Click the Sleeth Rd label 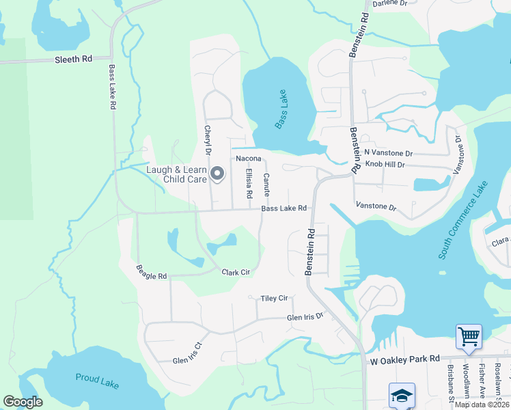pyautogui.click(x=73, y=59)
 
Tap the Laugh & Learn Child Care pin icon pyautogui.click(x=217, y=174)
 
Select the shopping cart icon pyautogui.click(x=469, y=336)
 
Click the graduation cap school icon pyautogui.click(x=401, y=395)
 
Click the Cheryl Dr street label pyautogui.click(x=207, y=140)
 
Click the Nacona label pyautogui.click(x=249, y=159)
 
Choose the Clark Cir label pyautogui.click(x=236, y=273)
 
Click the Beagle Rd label pyautogui.click(x=151, y=272)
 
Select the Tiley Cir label pyautogui.click(x=275, y=299)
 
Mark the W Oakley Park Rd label pyautogui.click(x=404, y=359)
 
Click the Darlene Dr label pyautogui.click(x=389, y=3)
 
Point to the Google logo pyautogui.click(x=23, y=402)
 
